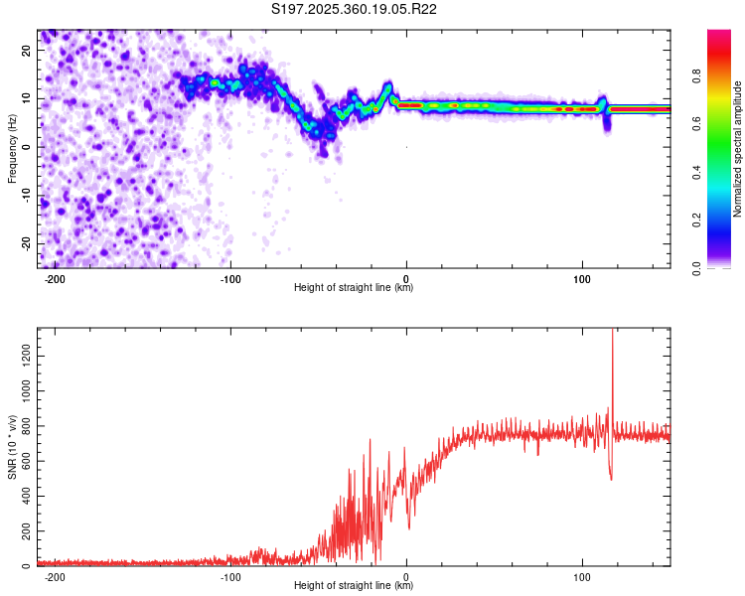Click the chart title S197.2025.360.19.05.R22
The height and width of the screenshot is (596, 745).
355,10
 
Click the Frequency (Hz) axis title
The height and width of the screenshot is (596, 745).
12,149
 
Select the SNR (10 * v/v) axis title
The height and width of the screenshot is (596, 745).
12,448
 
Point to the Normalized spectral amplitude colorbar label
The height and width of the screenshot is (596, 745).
737,150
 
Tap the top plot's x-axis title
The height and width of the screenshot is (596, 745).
354,288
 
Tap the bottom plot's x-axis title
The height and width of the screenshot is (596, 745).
354,585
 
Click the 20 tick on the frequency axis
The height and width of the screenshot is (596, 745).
27,49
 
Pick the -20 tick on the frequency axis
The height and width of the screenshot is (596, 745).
27,243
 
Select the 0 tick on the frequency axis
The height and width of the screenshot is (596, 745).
31,146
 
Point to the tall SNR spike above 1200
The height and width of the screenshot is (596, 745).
612,343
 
